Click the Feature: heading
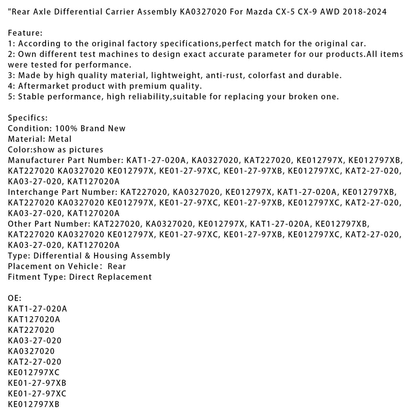[x=25, y=33]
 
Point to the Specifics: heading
[x=28, y=118]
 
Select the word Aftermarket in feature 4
[x=43, y=86]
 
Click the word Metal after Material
[x=60, y=139]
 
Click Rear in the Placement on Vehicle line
[x=117, y=266]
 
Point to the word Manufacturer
[x=34, y=160]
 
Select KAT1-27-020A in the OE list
[x=37, y=309]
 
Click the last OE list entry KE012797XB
[x=34, y=404]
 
